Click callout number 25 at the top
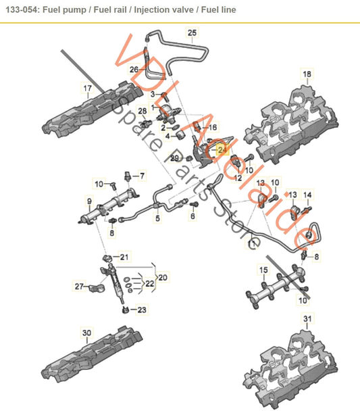click(x=192, y=32)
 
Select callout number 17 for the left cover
click(x=87, y=89)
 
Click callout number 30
click(x=86, y=333)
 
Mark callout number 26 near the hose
click(x=134, y=69)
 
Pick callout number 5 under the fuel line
click(x=158, y=219)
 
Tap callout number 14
click(x=307, y=195)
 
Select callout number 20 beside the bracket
click(x=163, y=277)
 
